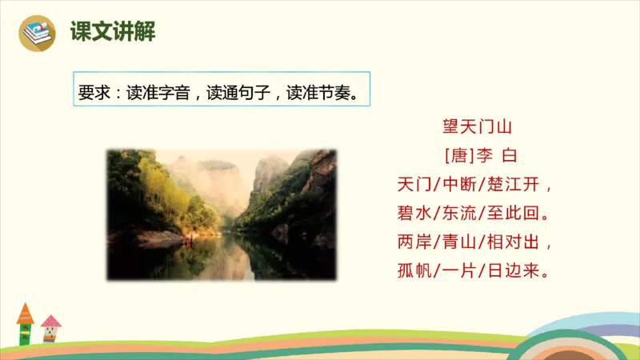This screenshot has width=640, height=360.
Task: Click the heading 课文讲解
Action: coord(112,32)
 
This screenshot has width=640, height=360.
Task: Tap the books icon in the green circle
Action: coord(38,32)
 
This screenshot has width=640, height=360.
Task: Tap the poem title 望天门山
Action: coord(477,126)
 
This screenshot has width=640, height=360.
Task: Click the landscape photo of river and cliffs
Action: coord(222,214)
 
